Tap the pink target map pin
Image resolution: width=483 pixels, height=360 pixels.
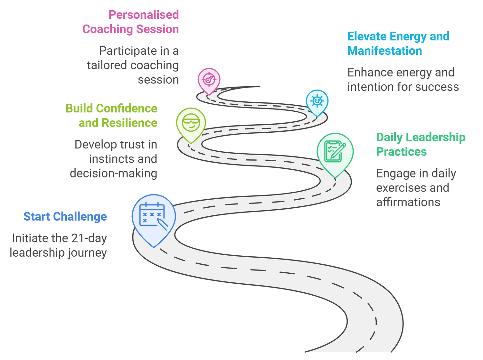pyautogui.click(x=209, y=79)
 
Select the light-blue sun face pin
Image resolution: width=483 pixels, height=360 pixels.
pyautogui.click(x=317, y=101)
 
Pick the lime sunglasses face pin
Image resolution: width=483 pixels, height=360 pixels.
pyautogui.click(x=191, y=123)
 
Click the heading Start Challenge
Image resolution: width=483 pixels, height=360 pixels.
pyautogui.click(x=65, y=217)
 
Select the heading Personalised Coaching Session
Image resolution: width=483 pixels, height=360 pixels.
pyautogui.click(x=130, y=22)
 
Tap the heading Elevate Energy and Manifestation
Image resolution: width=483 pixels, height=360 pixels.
pyautogui.click(x=398, y=43)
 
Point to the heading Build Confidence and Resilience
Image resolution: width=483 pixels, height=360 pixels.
pyautogui.click(x=111, y=116)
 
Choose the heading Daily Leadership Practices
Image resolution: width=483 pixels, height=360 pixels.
pyautogui.click(x=421, y=144)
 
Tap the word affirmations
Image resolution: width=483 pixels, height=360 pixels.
pyautogui.click(x=408, y=202)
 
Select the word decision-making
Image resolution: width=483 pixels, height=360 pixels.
pyautogui.click(x=113, y=173)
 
